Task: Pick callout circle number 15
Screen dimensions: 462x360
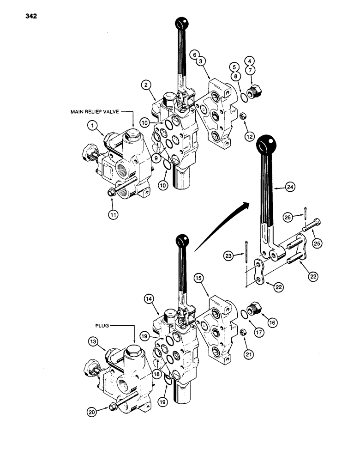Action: click(198, 292)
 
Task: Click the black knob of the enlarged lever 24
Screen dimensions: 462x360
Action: click(265, 144)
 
